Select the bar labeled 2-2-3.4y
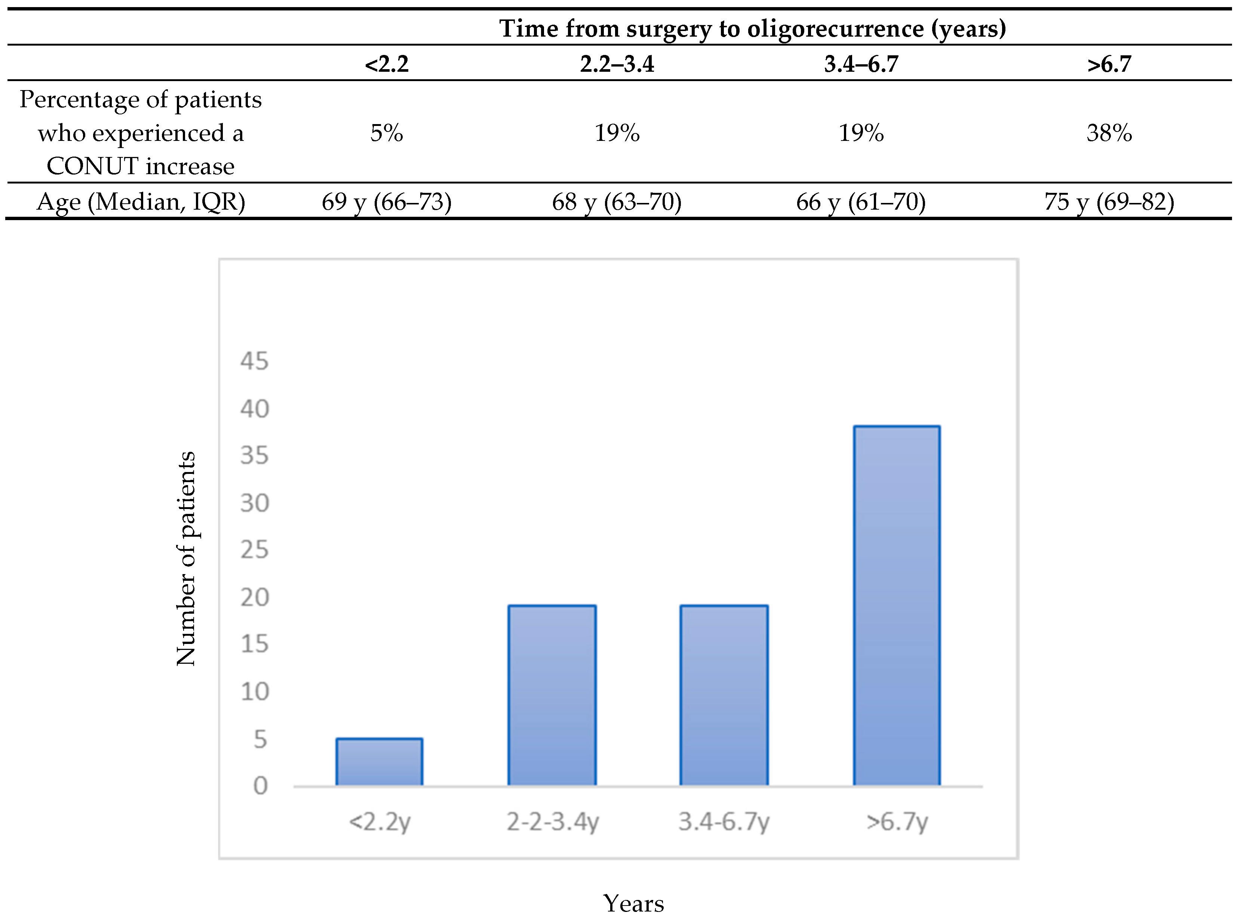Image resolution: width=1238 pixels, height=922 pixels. coord(552,696)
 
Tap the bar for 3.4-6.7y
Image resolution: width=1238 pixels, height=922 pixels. coord(724,696)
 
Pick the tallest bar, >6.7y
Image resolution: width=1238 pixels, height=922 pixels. coord(896,605)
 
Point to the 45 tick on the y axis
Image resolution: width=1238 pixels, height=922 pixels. coord(254,361)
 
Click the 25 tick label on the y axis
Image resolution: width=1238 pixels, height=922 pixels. coord(254,550)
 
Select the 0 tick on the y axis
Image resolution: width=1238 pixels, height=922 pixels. coord(260,786)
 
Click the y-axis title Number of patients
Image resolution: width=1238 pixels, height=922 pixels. coord(186,558)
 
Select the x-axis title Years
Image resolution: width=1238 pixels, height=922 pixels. coord(633,903)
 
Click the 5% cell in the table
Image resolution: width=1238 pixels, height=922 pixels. coord(386,133)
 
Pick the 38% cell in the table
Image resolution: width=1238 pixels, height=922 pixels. coord(1109,133)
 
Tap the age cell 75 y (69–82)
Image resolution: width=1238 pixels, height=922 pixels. coord(1109,201)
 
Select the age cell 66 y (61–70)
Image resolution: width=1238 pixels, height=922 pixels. coord(860,201)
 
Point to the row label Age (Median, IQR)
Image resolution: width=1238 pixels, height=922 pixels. coord(141,201)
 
